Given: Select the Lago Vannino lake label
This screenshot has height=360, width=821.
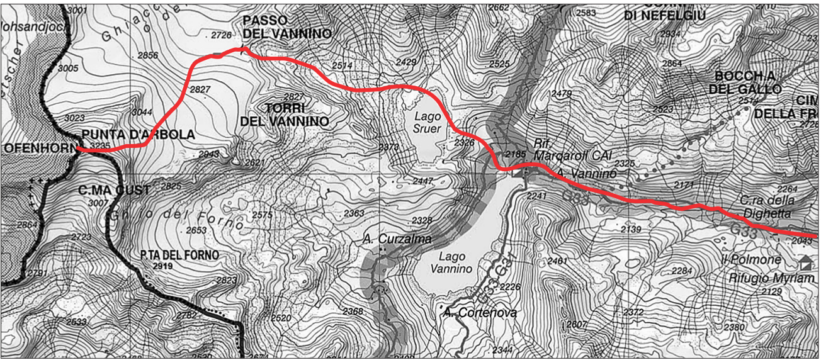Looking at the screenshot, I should click(x=451, y=262).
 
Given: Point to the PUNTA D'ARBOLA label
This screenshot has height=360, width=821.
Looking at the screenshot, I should click(x=138, y=135).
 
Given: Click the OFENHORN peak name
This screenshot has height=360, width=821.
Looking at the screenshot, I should click(x=38, y=149).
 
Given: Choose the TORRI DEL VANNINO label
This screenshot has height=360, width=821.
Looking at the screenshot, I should click(x=285, y=114).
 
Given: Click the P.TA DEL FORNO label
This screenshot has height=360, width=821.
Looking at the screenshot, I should click(x=180, y=255).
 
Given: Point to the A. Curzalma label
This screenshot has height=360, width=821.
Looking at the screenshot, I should click(x=397, y=239).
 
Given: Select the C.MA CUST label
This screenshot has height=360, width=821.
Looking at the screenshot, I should click(x=115, y=190).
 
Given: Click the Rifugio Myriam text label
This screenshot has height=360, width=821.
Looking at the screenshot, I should click(x=771, y=278).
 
